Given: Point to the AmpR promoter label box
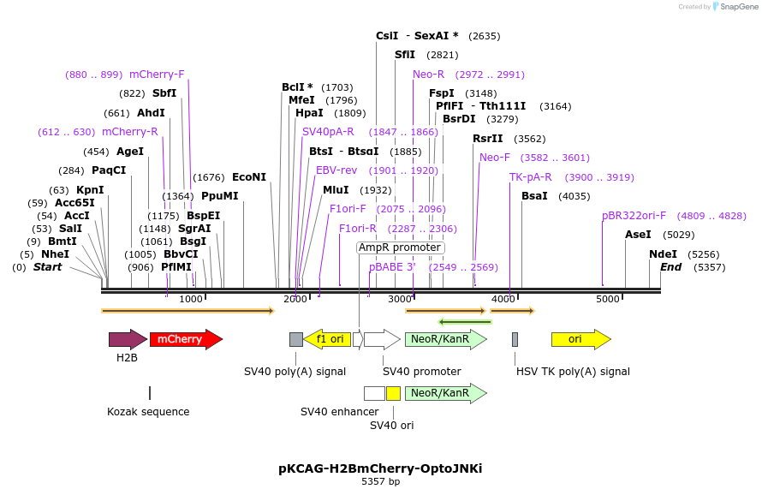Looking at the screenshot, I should coord(400,247).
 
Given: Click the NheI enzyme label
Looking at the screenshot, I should coord(55,254).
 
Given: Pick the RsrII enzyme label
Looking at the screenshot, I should coord(488,139).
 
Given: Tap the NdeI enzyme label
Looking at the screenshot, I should coord(663,254).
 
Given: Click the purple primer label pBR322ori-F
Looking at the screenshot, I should coord(634,216).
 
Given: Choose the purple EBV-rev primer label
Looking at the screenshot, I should coord(336,170).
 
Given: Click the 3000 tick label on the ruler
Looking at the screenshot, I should coord(399,299).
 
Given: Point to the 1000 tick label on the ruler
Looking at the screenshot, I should coord(190,299).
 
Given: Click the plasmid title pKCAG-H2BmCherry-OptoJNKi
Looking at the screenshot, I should coord(380,468).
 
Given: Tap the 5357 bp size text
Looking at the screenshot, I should coord(380,482).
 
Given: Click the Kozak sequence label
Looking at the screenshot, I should coord(148,412).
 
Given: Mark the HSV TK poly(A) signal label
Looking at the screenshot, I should coord(573,372).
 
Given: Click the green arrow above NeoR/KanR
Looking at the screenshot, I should coord(465,322).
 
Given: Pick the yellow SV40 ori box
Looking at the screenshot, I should coord(393,393).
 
